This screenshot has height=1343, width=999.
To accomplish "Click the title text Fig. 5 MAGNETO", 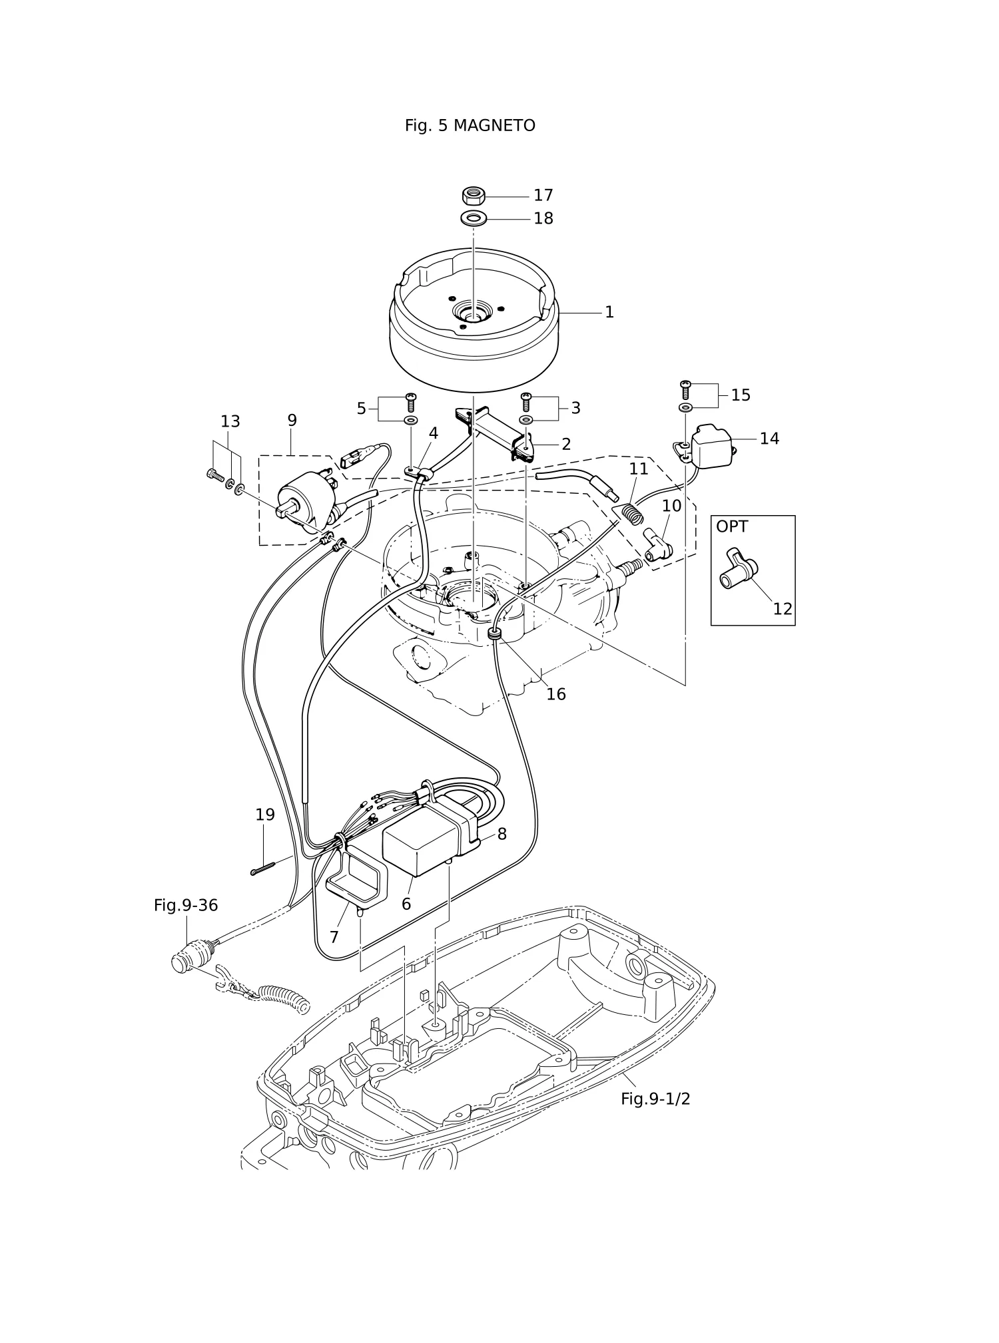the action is pos(470,126).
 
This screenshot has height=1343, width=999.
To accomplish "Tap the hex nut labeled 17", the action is pos(473,196).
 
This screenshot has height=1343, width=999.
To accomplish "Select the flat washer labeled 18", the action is pos(473,218).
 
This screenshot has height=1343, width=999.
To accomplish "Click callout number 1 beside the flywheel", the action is pos(609,312).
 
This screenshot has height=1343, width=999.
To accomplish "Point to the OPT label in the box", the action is pos(732,526).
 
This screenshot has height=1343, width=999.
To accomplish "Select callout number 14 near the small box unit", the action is pos(769,439).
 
